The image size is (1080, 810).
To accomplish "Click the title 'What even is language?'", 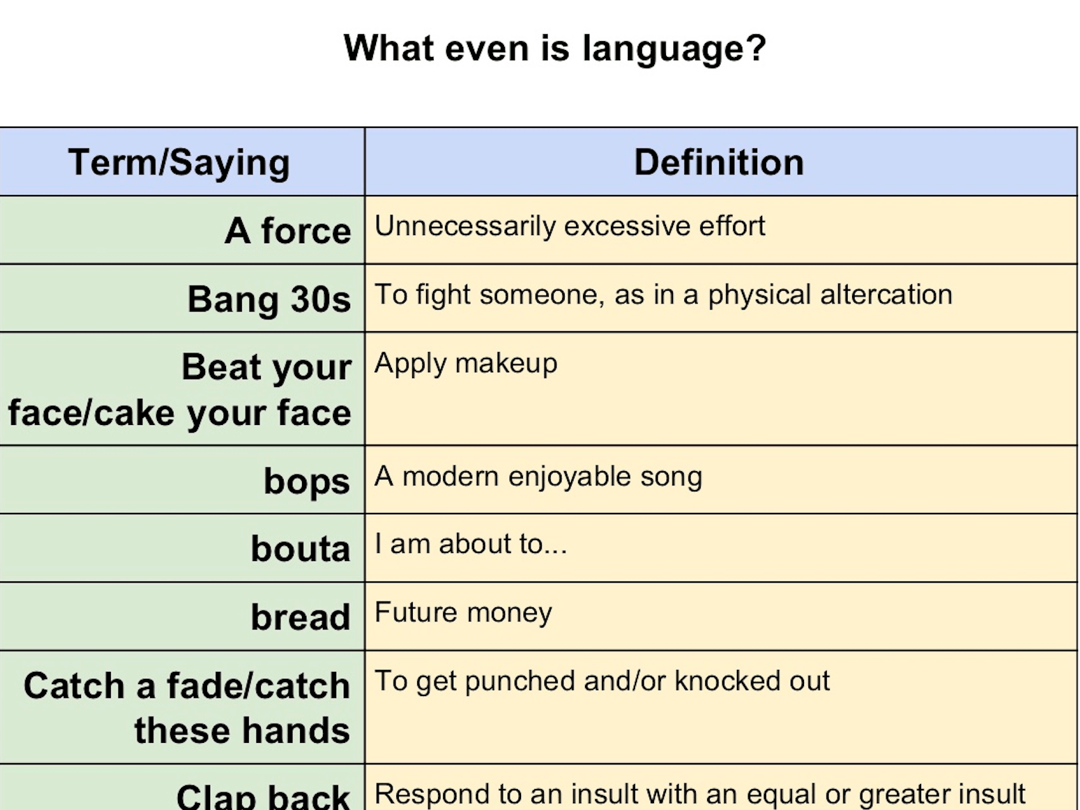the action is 555,49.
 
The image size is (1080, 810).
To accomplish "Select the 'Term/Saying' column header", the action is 179,163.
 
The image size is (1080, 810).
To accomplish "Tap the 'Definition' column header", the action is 719,162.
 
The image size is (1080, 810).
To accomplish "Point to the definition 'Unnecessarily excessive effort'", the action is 570,226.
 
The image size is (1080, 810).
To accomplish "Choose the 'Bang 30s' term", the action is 270,299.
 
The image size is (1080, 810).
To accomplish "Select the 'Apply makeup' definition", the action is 466,364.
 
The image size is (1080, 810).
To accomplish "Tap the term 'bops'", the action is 307,482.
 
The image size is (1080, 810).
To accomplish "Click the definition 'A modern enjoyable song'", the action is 539,477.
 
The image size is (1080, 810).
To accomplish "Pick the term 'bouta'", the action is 301,548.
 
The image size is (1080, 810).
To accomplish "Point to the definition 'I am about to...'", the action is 471,544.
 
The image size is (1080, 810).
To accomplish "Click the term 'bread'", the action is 301,617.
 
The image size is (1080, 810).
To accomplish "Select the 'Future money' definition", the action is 463,612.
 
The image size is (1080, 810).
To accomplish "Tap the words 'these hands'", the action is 242,730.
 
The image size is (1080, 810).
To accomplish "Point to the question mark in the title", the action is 757,47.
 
